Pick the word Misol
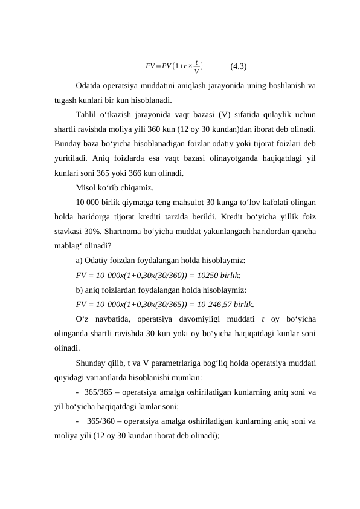coord(86,187)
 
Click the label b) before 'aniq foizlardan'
coord(80,290)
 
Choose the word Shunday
coord(91,363)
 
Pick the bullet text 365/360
coord(100,421)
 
